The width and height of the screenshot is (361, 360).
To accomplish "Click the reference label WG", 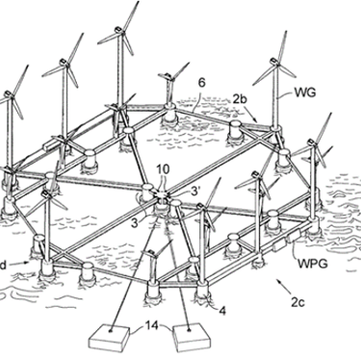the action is coord(305,92).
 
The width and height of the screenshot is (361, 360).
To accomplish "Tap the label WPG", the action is coord(313,264).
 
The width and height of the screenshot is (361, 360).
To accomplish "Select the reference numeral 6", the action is coord(201,83).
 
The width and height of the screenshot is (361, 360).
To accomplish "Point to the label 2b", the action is coord(240,99).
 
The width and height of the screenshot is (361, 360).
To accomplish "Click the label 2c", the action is coord(297,302).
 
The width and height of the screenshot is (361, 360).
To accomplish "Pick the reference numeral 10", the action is coord(163,169).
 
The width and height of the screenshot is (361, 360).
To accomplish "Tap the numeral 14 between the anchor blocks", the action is coord(152,325).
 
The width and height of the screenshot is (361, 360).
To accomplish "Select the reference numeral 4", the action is coord(222,311).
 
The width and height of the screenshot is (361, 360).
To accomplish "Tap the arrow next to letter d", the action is coord(21,263).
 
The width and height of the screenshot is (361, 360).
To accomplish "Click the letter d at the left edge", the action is coord(3,266).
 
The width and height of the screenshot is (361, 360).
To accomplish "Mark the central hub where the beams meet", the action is coord(162,194).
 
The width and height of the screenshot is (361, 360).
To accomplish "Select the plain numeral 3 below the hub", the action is coord(135,222).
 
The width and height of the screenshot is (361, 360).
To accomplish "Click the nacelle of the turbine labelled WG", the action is coord(274,61).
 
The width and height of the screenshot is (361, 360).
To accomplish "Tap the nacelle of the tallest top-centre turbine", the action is coord(118,30).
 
